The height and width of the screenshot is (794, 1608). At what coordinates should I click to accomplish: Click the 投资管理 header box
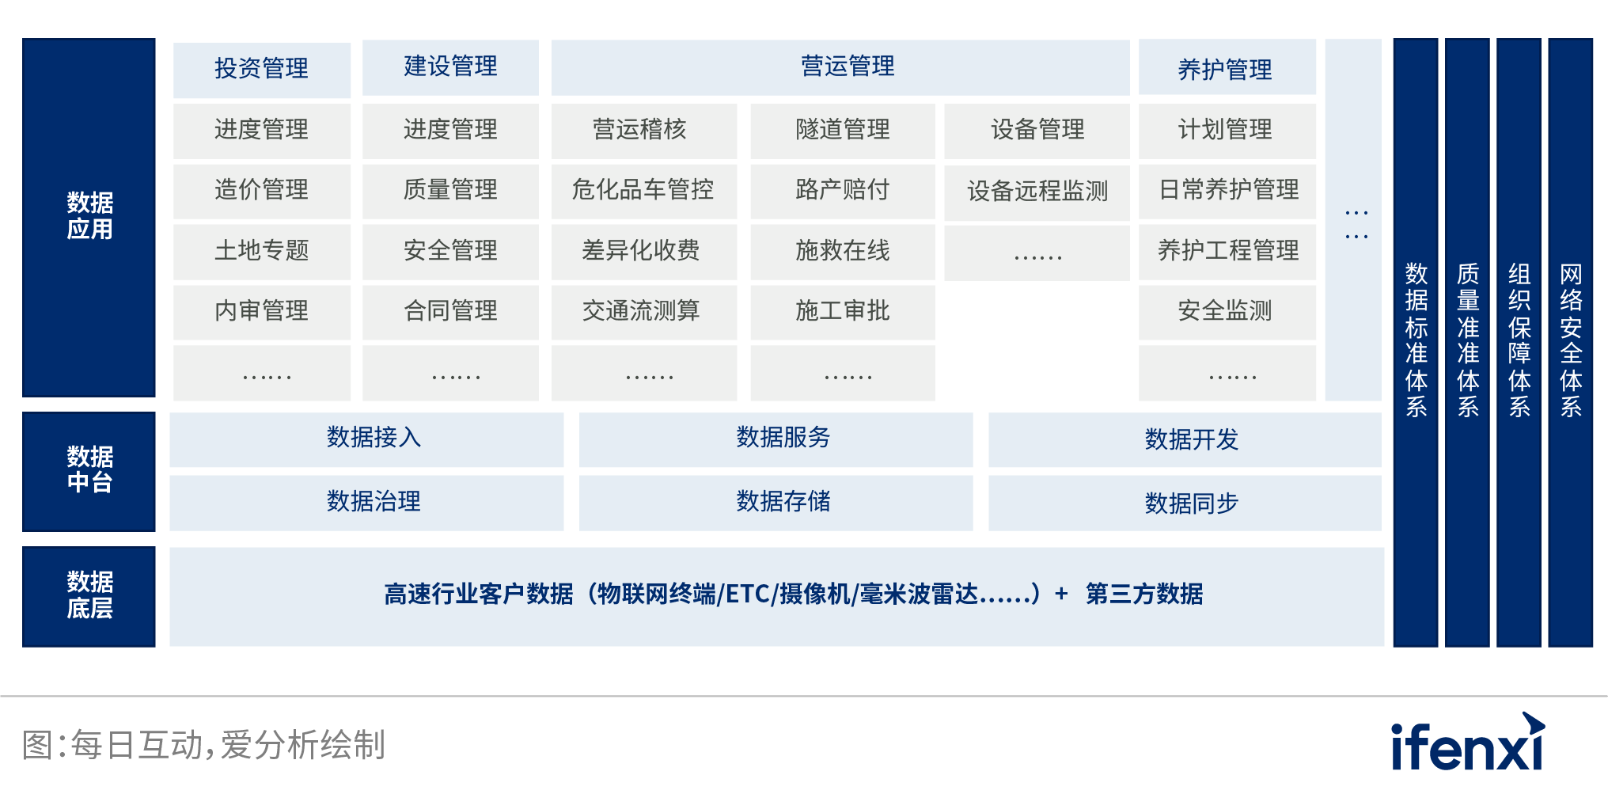(261, 70)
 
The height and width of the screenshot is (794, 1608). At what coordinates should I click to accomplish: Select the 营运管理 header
(840, 67)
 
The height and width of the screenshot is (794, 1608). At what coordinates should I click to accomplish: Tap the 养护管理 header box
(1227, 67)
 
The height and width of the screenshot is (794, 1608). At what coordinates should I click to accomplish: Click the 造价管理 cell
(261, 191)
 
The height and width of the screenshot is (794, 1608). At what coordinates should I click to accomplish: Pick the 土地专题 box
(261, 252)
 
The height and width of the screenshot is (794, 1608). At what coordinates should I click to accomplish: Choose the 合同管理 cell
(450, 312)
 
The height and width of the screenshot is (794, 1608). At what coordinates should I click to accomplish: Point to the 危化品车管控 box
(643, 191)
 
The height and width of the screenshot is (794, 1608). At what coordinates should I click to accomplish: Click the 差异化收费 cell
(643, 252)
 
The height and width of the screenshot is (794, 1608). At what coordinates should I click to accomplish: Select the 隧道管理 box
(843, 131)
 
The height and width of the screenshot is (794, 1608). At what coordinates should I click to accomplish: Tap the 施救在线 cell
(843, 252)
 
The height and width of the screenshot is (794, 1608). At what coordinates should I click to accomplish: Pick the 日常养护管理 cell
(1227, 191)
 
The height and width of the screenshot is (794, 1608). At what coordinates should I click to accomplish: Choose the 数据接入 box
(366, 439)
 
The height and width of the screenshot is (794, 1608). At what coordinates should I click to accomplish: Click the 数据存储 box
(776, 503)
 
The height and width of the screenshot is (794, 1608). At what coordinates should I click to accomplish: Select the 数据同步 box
(1185, 503)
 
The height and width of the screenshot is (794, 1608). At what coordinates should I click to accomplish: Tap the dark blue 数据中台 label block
(89, 471)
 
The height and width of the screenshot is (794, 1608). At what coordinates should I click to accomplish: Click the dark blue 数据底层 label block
(89, 596)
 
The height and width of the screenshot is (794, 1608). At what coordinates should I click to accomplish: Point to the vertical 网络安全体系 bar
(1570, 342)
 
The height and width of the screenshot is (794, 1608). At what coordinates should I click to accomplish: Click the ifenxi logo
(1468, 743)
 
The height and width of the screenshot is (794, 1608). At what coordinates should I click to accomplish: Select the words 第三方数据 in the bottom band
(1144, 594)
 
